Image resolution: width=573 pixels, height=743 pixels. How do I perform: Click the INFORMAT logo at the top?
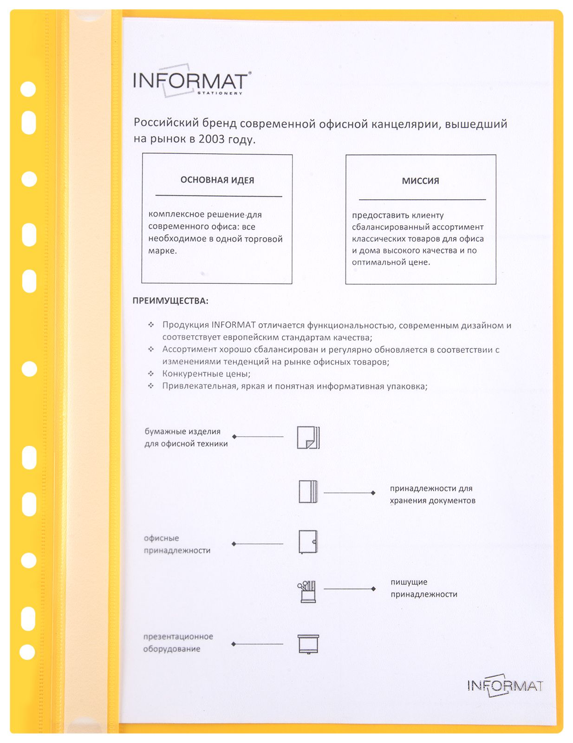click(x=190, y=81)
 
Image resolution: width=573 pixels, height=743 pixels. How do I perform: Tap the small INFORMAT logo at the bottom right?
click(x=505, y=685)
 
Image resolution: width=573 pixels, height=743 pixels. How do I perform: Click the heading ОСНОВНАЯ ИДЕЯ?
click(x=217, y=180)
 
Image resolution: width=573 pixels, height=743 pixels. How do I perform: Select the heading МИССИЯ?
click(x=420, y=181)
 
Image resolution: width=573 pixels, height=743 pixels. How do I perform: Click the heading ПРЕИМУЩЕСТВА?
click(x=170, y=301)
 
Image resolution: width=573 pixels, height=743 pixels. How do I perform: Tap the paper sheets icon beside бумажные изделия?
click(x=308, y=437)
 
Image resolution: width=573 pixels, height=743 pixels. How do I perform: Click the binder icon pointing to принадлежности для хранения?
click(x=308, y=491)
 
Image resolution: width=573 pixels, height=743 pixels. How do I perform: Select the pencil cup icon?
click(x=307, y=591)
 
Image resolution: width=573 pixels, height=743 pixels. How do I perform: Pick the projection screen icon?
click(x=308, y=644)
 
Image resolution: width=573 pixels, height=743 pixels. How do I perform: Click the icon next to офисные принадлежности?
click(x=308, y=541)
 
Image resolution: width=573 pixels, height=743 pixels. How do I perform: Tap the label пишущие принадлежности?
click(x=423, y=588)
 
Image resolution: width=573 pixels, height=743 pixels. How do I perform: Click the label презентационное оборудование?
click(x=178, y=643)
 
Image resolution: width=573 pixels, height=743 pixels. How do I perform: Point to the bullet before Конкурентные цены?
click(x=151, y=373)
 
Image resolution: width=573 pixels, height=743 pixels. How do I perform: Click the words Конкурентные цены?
click(x=206, y=374)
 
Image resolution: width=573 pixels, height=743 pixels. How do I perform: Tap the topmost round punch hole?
click(x=28, y=89)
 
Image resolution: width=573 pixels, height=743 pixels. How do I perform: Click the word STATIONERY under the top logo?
click(x=220, y=93)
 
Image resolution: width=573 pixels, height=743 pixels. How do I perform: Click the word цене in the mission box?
click(x=419, y=262)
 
